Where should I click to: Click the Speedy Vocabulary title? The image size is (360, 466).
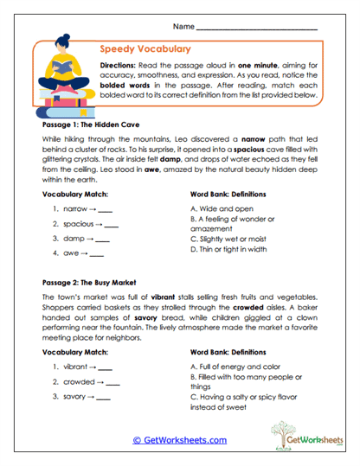tap(145, 49)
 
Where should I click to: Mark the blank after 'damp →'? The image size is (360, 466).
tap(102, 239)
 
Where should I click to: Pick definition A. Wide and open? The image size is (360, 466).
tap(222, 208)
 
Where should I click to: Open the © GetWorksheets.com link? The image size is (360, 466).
tap(179, 440)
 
